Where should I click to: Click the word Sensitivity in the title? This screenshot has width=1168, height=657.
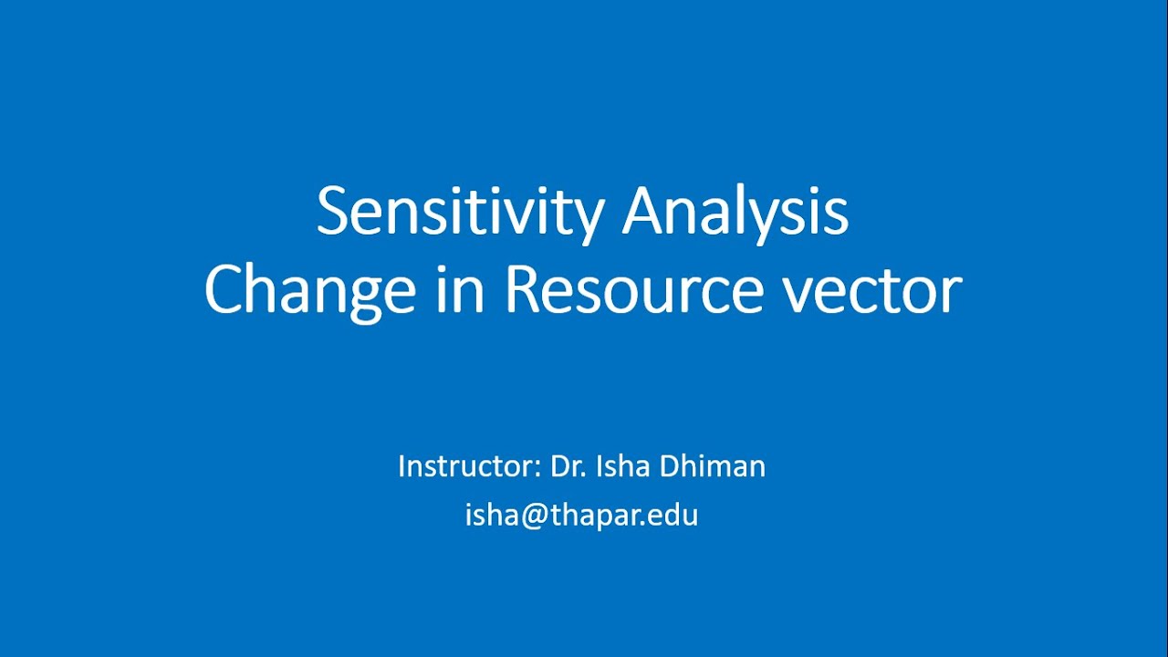coord(460,213)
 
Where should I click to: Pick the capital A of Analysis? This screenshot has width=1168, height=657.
coord(645,213)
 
